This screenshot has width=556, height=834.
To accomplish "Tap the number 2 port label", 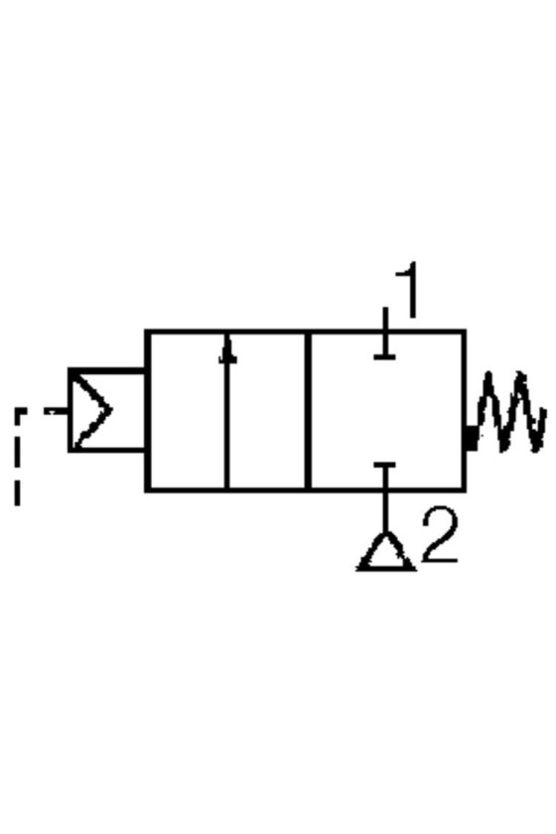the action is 440,534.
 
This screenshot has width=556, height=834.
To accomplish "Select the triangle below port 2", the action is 385,553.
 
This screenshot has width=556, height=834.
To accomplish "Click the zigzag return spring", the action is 510,413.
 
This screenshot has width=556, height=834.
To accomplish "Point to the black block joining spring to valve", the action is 471,438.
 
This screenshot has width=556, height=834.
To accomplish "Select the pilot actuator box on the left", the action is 106,410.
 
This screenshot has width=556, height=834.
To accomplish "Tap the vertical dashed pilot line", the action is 18,458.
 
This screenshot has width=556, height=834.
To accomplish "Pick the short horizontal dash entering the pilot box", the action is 56,411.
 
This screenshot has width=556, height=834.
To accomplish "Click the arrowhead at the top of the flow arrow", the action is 227,351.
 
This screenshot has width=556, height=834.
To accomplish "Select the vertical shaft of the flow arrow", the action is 227,412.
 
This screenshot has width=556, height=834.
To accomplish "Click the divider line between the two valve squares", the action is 308,410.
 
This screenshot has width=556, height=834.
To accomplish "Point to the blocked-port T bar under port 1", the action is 384,356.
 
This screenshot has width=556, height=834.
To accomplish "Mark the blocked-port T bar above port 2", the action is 384,466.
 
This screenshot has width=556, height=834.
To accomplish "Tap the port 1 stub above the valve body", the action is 385,319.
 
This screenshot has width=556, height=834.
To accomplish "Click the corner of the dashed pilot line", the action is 18,411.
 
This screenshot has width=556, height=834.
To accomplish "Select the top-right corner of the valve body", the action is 465,332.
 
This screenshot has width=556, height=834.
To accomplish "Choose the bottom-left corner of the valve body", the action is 147,488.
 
